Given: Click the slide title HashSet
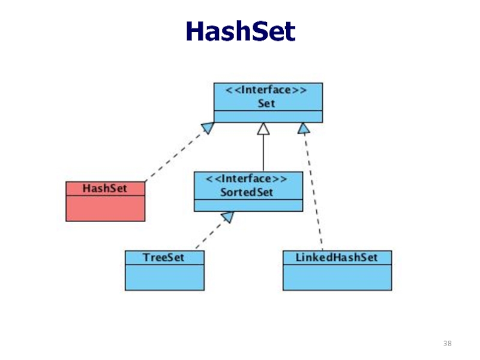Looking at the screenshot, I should pyautogui.click(x=240, y=31).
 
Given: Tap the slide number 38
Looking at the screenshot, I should pyautogui.click(x=448, y=343).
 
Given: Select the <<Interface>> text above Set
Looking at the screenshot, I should pyautogui.click(x=268, y=91).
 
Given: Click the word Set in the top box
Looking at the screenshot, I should pyautogui.click(x=268, y=103).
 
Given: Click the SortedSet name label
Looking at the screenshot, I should pyautogui.click(x=248, y=192).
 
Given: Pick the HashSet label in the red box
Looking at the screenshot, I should pyautogui.click(x=105, y=188).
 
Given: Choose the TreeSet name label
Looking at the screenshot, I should pyautogui.click(x=163, y=257).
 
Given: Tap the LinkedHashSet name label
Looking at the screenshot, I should pyautogui.click(x=337, y=257).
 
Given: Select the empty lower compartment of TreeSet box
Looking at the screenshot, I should pyautogui.click(x=164, y=277).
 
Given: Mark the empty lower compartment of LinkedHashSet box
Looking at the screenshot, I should pyautogui.click(x=337, y=277).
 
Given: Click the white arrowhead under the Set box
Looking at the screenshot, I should pyautogui.click(x=263, y=128).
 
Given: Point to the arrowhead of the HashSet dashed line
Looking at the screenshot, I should pyautogui.click(x=208, y=127).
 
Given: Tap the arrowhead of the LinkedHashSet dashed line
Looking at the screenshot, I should pyautogui.click(x=304, y=128).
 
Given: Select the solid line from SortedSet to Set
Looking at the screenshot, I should pyautogui.click(x=263, y=153).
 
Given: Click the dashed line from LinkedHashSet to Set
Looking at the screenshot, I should pyautogui.click(x=313, y=192).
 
